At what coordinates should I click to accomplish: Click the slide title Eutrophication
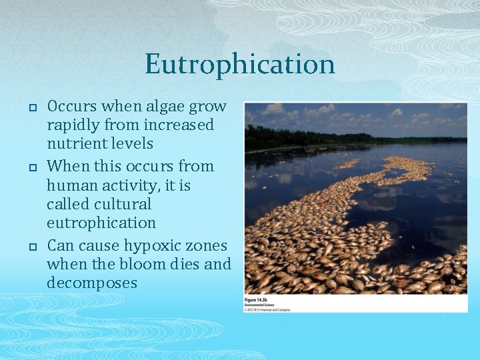pyautogui.click(x=239, y=65)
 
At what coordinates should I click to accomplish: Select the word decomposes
pyautogui.click(x=92, y=283)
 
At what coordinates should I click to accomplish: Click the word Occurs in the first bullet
pyautogui.click(x=72, y=106)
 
